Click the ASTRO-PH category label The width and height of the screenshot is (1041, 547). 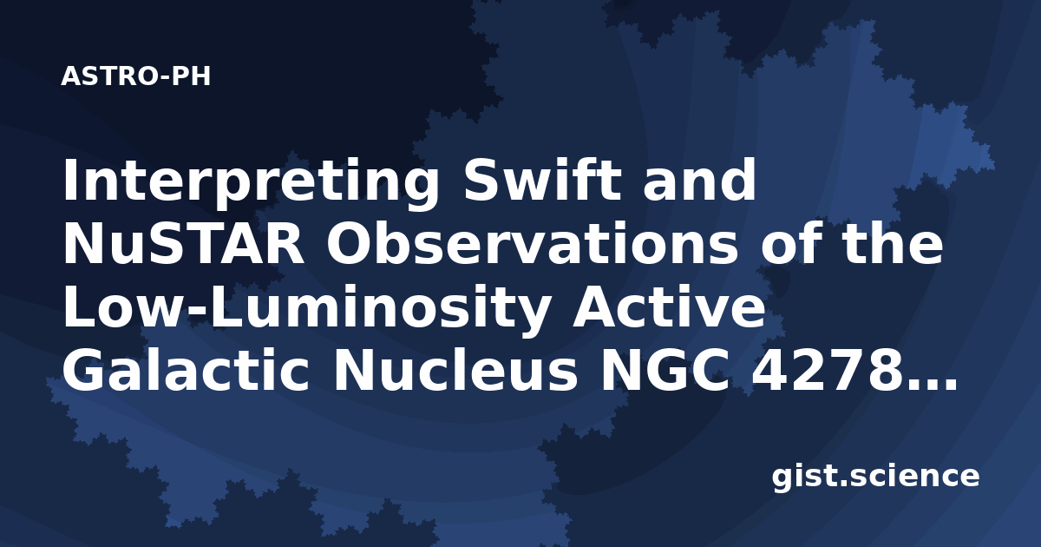tap(135, 76)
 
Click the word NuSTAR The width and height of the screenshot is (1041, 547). tap(184, 244)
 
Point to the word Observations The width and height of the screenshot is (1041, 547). tap(532, 244)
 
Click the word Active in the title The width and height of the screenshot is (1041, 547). tap(668, 307)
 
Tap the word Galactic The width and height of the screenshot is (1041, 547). tap(186, 372)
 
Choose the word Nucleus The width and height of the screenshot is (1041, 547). tap(455, 372)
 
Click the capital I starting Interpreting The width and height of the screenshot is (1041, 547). tap(69, 180)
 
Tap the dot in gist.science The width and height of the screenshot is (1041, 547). tap(842, 484)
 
